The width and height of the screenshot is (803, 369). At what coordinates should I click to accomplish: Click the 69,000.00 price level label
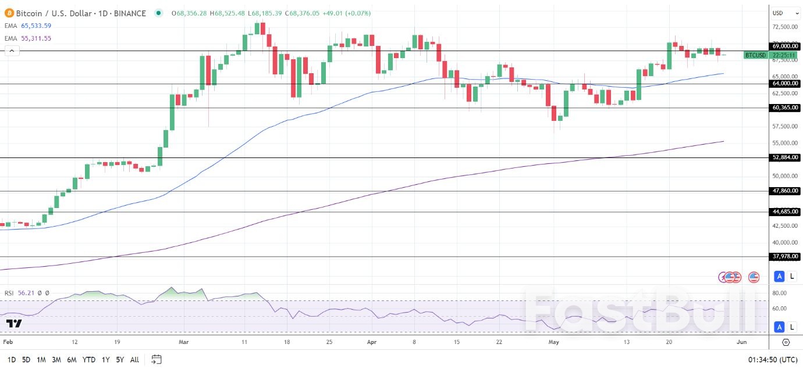(784, 46)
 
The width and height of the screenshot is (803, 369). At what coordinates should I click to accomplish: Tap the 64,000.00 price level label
(784, 84)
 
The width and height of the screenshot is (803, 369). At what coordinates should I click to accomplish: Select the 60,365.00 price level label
(784, 108)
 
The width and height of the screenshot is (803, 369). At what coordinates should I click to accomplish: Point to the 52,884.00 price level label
(784, 157)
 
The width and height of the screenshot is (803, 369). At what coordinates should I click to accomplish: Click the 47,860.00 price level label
(784, 191)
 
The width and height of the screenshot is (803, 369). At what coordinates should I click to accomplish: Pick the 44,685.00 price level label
(784, 212)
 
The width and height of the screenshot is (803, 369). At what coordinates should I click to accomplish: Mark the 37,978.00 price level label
(784, 256)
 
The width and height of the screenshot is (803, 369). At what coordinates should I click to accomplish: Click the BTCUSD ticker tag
(755, 55)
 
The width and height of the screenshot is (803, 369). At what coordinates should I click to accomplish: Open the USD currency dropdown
(786, 13)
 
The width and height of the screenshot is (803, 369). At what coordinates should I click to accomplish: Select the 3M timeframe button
(56, 360)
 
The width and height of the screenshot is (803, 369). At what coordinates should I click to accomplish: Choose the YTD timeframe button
(89, 360)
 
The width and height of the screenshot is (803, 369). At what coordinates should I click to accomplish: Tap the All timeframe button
(134, 360)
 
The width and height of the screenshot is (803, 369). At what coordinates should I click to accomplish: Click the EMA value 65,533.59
(35, 26)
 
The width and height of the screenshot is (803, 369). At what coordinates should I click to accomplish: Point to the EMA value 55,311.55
(35, 38)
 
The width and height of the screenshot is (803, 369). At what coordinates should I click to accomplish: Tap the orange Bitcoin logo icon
(9, 13)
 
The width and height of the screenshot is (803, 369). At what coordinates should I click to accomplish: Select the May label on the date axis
(554, 342)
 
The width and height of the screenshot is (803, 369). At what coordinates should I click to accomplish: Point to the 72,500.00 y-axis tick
(784, 27)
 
